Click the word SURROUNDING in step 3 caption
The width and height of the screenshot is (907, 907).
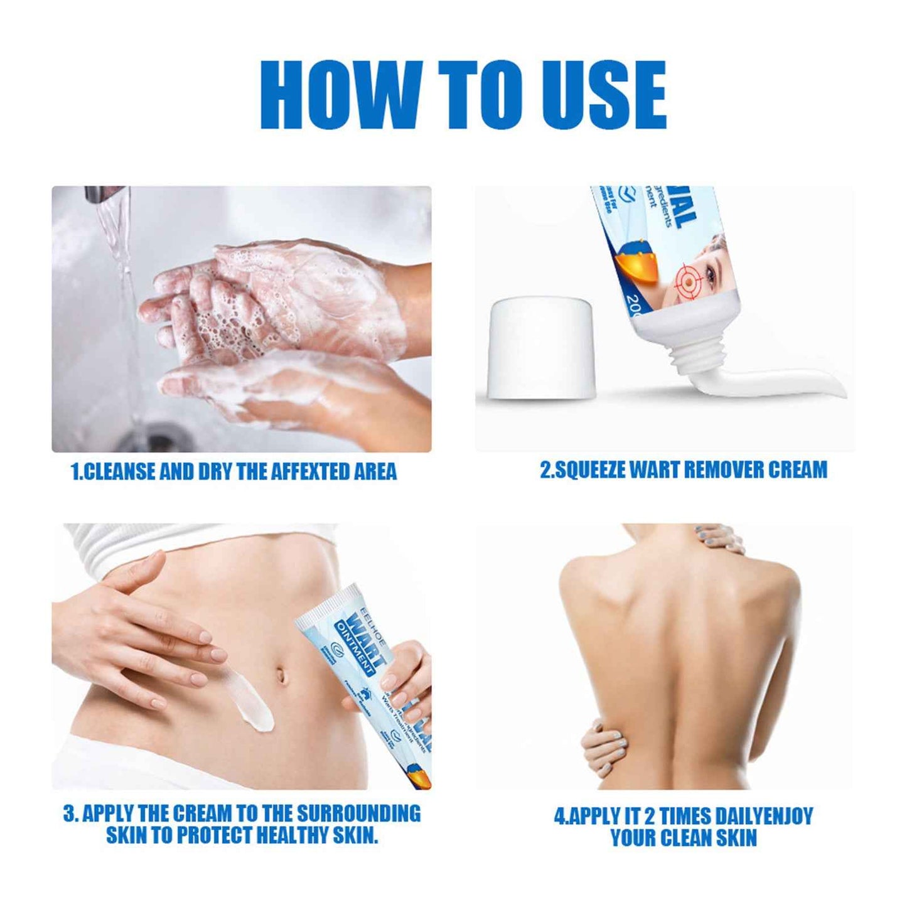pos(358,813)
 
